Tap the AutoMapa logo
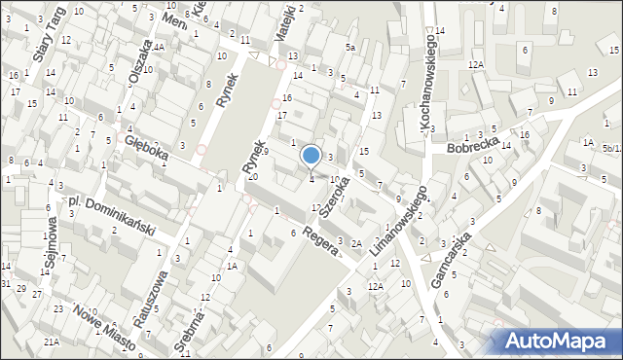pos(562,342)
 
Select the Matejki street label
pos(284,18)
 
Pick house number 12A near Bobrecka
pos(475,64)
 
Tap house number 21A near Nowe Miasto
pos(51,342)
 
